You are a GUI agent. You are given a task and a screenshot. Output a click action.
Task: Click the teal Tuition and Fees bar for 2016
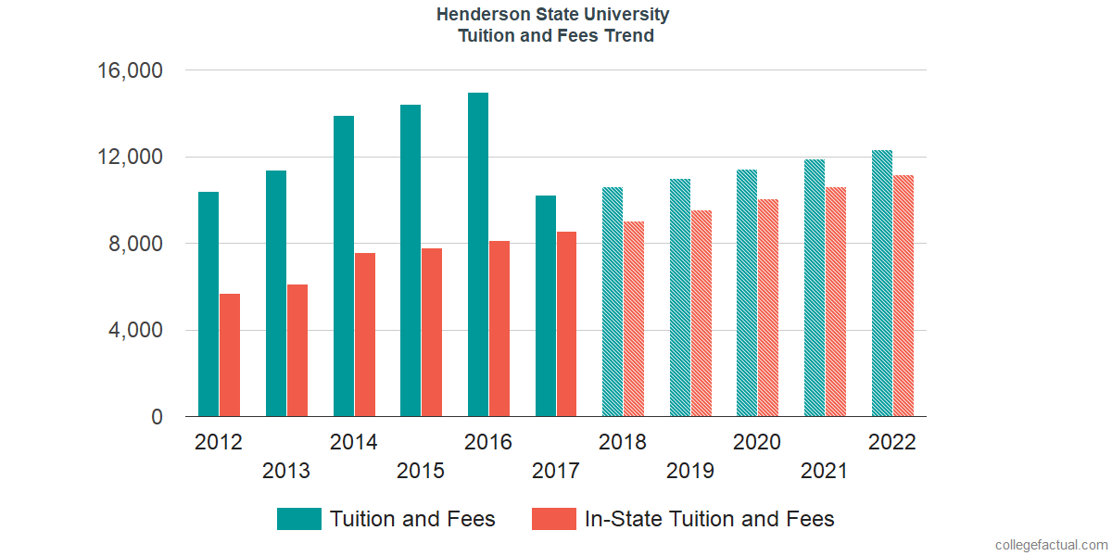[478, 255]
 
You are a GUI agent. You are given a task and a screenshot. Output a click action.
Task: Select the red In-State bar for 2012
[230, 355]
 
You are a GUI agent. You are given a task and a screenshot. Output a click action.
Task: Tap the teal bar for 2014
[344, 266]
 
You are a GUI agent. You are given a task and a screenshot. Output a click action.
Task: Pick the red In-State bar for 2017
[566, 323]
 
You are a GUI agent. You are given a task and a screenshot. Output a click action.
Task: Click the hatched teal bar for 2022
[882, 283]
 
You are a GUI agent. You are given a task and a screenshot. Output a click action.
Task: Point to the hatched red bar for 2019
[701, 313]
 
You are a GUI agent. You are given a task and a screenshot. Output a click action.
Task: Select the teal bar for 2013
[276, 294]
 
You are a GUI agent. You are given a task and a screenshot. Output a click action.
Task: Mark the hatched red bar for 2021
[836, 301]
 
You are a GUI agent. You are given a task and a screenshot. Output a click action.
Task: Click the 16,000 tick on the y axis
[129, 70]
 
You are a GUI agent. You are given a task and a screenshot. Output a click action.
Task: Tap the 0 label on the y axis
[158, 418]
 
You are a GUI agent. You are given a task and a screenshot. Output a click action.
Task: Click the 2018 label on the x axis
[623, 442]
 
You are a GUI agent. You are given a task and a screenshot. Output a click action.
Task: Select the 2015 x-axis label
[421, 471]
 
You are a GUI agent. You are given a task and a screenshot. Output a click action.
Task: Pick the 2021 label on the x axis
[825, 471]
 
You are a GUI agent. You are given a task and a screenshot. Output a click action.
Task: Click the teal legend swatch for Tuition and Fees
[299, 519]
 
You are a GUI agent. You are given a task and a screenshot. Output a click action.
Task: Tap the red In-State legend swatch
[553, 519]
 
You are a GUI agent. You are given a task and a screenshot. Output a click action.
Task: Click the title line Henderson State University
[554, 15]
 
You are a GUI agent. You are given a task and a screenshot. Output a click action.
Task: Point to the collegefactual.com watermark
[1050, 544]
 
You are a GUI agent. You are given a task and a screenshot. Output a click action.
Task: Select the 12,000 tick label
[129, 157]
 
